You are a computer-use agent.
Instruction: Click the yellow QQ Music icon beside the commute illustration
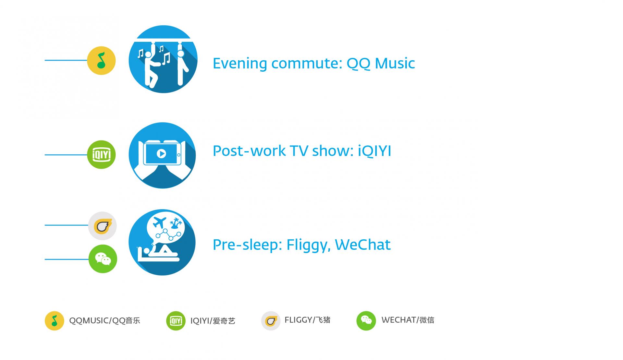(x=101, y=61)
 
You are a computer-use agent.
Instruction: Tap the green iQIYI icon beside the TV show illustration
(x=101, y=155)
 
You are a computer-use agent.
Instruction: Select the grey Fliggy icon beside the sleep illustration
(x=103, y=226)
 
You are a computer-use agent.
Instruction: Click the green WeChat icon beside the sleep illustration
(x=103, y=259)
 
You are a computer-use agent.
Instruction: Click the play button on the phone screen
(x=161, y=153)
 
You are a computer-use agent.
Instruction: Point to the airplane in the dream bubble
(x=159, y=223)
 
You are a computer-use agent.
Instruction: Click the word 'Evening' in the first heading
(x=240, y=63)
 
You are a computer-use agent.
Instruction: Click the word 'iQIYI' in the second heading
(x=374, y=151)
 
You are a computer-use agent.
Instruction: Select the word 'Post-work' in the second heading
(x=249, y=151)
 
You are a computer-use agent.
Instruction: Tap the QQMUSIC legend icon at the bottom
(x=55, y=321)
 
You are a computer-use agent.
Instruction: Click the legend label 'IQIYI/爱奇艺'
(x=213, y=321)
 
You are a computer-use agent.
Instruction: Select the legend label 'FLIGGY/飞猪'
(x=307, y=320)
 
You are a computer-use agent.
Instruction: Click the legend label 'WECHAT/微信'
(x=408, y=320)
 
